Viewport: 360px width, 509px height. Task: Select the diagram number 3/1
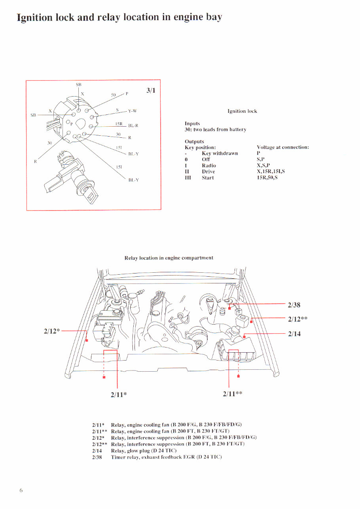151,90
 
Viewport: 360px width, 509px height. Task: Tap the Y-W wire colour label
132,111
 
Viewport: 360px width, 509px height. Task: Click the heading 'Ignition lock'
242,111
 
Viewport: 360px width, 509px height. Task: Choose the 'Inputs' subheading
192,123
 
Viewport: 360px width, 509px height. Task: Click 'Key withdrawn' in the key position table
220,154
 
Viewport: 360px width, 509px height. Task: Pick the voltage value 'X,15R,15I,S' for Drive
271,172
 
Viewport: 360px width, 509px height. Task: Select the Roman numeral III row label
188,178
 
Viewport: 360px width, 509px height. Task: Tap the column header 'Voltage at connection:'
282,147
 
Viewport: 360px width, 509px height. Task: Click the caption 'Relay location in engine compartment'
169,258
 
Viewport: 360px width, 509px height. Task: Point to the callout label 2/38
294,305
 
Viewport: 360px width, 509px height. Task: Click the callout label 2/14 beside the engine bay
294,334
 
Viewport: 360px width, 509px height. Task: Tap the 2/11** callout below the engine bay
232,394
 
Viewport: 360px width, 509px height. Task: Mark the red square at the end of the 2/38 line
229,308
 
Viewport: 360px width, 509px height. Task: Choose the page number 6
21,490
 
